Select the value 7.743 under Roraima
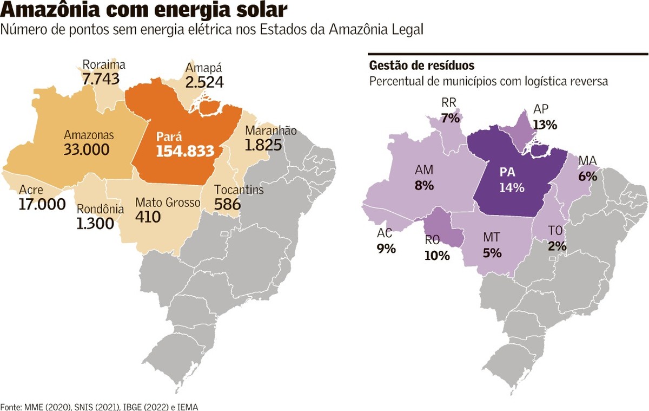(101, 79)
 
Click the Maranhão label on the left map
(271, 131)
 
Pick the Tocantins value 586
(227, 204)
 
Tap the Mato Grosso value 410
(148, 217)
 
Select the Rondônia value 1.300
(95, 223)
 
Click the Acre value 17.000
(42, 204)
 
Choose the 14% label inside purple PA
(512, 188)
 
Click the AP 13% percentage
(545, 125)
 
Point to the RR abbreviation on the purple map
(449, 103)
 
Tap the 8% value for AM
(424, 185)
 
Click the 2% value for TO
(557, 246)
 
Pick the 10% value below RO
(437, 256)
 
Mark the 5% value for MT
(492, 252)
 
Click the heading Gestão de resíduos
(422, 66)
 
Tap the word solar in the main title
(256, 11)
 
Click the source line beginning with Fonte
(100, 406)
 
